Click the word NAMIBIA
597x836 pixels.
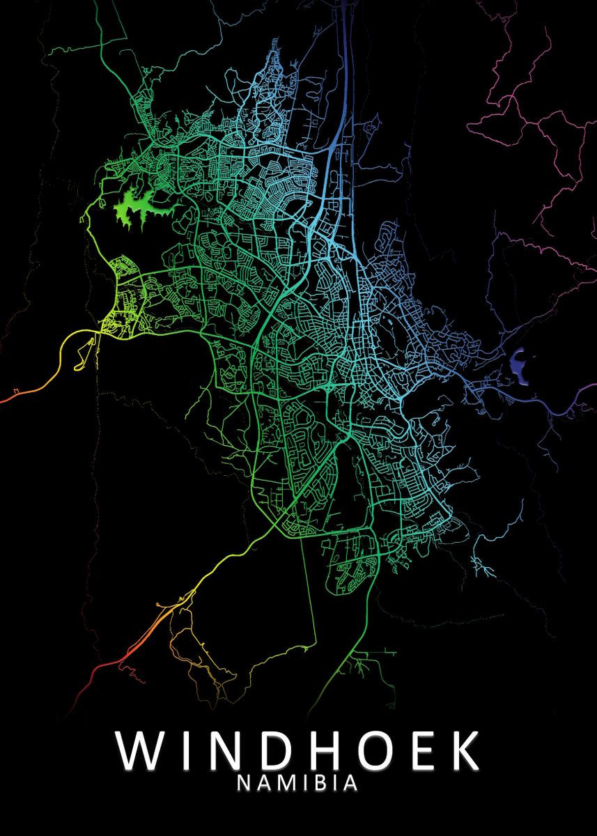click(x=298, y=783)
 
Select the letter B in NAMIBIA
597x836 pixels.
click(x=321, y=783)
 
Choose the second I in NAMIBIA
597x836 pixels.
click(x=336, y=783)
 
